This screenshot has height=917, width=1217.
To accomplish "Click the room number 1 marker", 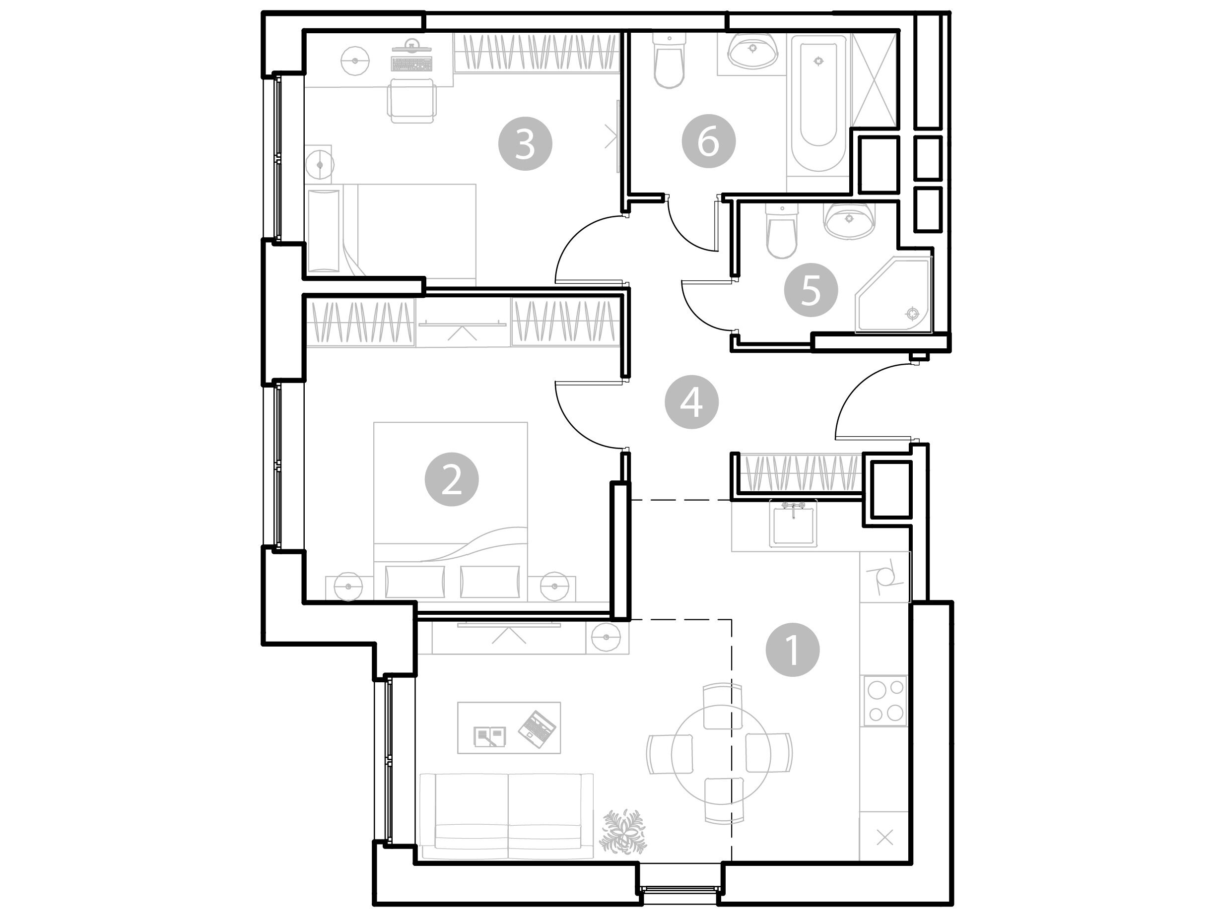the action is (793, 650).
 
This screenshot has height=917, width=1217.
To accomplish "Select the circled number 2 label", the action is (452, 480).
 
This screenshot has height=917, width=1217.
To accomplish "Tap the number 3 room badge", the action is (525, 143).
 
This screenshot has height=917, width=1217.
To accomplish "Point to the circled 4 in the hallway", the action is (691, 402).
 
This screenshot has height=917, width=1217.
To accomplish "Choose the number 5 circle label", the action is (811, 289).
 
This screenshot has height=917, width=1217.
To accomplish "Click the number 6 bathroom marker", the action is (709, 142).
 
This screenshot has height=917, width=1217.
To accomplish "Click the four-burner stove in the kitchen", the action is (886, 700).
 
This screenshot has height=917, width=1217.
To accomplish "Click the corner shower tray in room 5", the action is (893, 295).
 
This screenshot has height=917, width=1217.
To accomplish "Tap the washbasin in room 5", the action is (848, 220).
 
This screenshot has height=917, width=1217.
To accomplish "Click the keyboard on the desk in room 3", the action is (411, 63).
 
